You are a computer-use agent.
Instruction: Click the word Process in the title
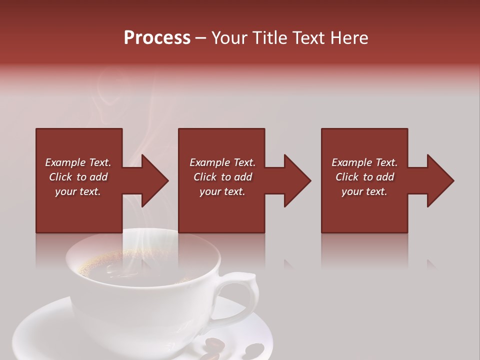coord(157,38)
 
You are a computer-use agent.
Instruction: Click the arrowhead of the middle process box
coord(297,180)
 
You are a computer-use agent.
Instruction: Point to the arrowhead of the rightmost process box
coord(440,180)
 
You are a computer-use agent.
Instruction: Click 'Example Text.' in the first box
coord(78,162)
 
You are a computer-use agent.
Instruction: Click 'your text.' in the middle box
coord(222,191)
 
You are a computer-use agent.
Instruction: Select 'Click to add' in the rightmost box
coord(364,177)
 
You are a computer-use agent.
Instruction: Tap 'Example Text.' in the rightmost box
coord(364,162)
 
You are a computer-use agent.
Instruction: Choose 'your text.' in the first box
coord(78,191)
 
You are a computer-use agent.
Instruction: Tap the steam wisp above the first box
coord(107,100)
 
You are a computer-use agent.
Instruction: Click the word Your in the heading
coord(230,38)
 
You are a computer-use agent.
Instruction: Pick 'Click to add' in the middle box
coord(222,177)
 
